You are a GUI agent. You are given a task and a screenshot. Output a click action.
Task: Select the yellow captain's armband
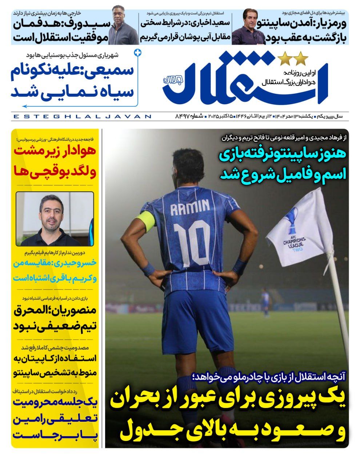pos(146,222)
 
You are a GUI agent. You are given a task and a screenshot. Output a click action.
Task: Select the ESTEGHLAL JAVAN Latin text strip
pos(82,117)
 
